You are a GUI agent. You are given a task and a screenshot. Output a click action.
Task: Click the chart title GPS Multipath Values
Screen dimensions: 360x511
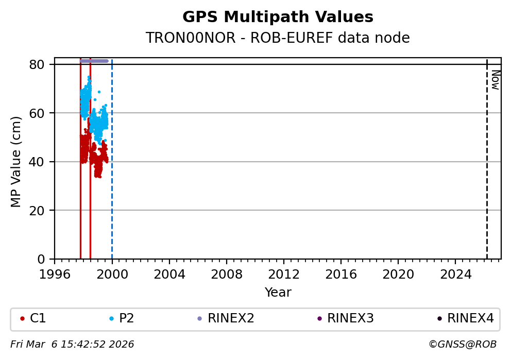pos(278,17)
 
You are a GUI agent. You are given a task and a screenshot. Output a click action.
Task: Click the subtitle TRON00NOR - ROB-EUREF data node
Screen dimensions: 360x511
pos(278,38)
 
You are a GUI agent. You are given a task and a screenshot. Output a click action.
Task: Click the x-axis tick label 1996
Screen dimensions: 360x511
pos(55,274)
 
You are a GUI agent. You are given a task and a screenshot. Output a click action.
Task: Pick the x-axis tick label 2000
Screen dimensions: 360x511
pos(112,274)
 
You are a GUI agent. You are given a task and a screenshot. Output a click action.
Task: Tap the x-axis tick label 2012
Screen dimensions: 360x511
pos(284,274)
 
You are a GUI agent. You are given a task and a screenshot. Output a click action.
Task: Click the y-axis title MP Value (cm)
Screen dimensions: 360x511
pos(16,162)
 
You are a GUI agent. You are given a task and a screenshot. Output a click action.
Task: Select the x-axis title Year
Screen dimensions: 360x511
pos(278,293)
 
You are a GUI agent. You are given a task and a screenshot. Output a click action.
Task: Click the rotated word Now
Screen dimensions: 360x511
pos(495,80)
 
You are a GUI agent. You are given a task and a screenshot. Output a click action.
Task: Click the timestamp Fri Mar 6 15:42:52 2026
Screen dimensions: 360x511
pos(72,344)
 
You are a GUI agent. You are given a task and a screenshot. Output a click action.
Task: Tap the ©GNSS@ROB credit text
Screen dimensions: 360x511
pos(462,344)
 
